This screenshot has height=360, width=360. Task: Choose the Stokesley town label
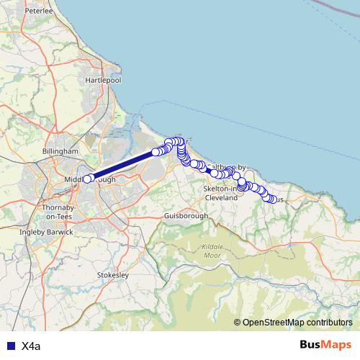(112, 275)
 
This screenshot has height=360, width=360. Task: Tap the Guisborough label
(186, 215)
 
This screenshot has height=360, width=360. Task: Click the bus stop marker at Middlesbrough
(88, 179)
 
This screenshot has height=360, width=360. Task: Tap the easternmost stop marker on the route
(272, 199)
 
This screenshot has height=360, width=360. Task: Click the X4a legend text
(30, 346)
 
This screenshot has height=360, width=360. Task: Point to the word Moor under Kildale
(212, 255)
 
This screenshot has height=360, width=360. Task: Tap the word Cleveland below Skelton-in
(221, 197)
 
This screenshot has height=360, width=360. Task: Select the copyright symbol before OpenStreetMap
(238, 323)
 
